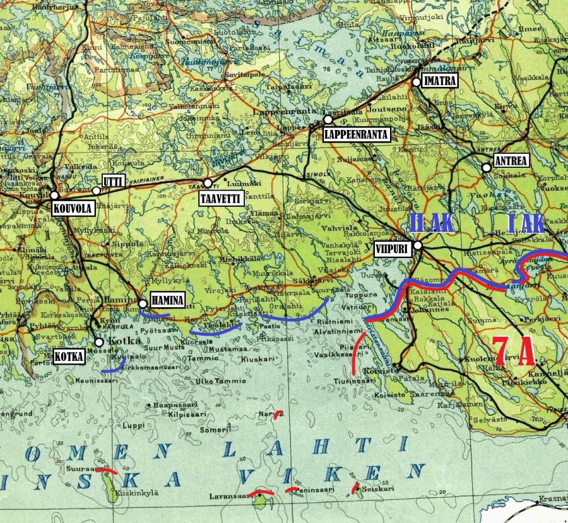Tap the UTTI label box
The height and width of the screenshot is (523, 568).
click(112, 182)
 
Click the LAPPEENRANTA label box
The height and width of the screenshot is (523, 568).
click(356, 134)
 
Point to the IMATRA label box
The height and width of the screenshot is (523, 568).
click(440, 81)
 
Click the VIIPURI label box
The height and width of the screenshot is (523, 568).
click(393, 249)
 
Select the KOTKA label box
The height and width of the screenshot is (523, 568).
click(69, 356)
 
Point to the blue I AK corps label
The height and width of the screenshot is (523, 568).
click(526, 222)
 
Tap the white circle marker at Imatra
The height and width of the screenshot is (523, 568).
click(416, 82)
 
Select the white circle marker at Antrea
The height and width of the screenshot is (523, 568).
click(486, 168)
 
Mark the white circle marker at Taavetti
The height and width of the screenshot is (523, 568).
click(208, 183)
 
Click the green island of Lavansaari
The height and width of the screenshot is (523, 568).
click(259, 502)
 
